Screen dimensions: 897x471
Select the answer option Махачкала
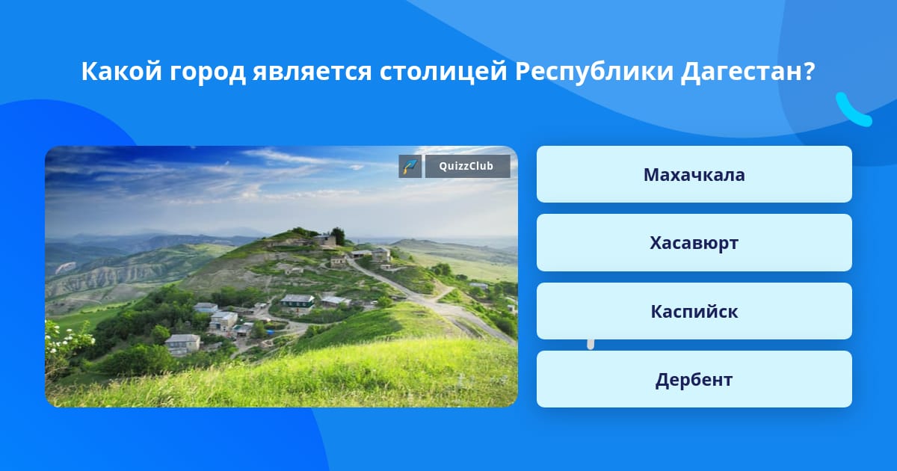pyautogui.click(x=694, y=174)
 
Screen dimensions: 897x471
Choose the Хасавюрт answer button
pyautogui.click(x=694, y=243)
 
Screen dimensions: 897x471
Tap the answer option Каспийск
pyautogui.click(x=694, y=311)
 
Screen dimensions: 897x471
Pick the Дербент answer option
pyautogui.click(x=694, y=379)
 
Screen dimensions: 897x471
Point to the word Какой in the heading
pyautogui.click(x=122, y=71)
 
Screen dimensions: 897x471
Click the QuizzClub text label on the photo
pyautogui.click(x=466, y=166)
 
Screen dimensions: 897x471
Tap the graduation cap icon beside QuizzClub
pyautogui.click(x=410, y=166)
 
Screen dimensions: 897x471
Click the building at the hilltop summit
pyautogui.click(x=325, y=240)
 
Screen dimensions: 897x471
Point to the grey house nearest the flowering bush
pyautogui.click(x=182, y=344)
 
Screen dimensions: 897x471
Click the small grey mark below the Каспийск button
pyautogui.click(x=591, y=345)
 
